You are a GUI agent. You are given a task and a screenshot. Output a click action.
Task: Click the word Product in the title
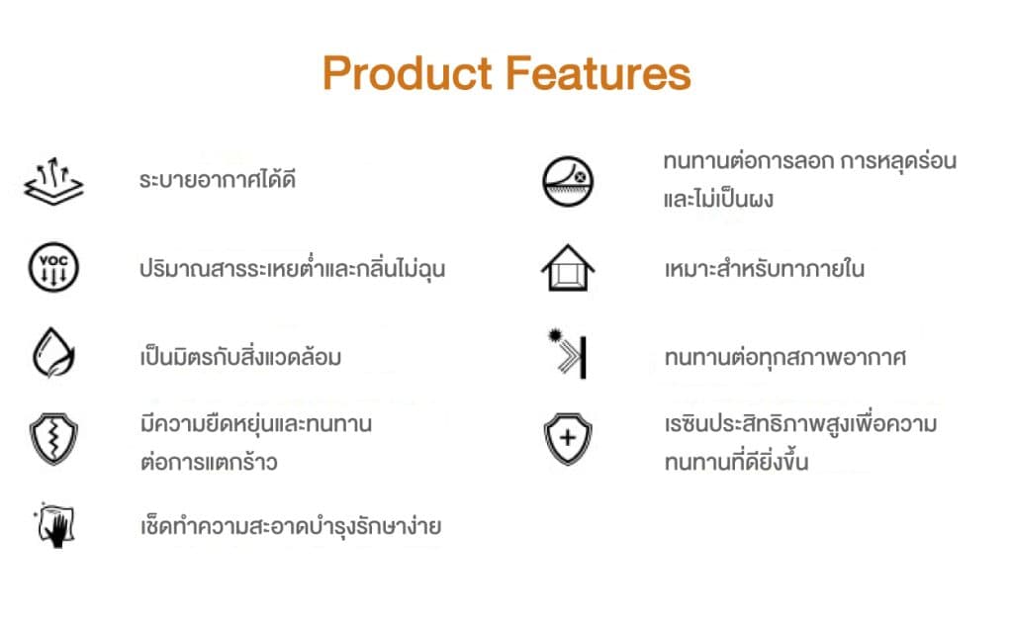408,73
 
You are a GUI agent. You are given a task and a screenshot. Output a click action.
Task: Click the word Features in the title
599,73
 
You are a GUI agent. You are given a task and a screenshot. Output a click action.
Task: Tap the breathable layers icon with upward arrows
53,181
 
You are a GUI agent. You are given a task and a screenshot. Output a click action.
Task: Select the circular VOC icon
53,267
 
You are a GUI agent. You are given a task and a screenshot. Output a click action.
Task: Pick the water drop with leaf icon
53,352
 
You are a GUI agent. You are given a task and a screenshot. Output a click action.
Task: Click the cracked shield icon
53,439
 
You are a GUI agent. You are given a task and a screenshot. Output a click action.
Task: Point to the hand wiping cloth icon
55,525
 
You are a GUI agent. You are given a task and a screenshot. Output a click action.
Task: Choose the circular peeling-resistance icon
568,181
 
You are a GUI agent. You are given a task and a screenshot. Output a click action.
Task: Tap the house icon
568,267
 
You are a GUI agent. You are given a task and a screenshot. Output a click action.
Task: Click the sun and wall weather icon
568,354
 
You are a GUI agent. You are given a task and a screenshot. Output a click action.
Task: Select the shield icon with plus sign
568,439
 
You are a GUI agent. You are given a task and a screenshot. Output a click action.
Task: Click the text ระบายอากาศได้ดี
218,179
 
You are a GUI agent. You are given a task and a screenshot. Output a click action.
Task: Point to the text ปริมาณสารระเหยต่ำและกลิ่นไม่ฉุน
292,267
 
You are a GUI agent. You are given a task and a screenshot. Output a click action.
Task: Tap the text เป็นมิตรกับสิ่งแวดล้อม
240,356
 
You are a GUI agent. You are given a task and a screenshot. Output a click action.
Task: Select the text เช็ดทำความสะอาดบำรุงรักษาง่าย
291,525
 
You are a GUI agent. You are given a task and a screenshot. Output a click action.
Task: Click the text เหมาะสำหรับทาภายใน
765,268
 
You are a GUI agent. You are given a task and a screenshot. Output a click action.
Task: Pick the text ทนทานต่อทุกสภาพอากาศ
784,357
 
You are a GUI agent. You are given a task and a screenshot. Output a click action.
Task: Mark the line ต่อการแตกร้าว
209,462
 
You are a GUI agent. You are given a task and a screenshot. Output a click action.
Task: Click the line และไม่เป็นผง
718,199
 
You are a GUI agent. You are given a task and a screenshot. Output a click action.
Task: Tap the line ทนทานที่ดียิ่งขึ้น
736,461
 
